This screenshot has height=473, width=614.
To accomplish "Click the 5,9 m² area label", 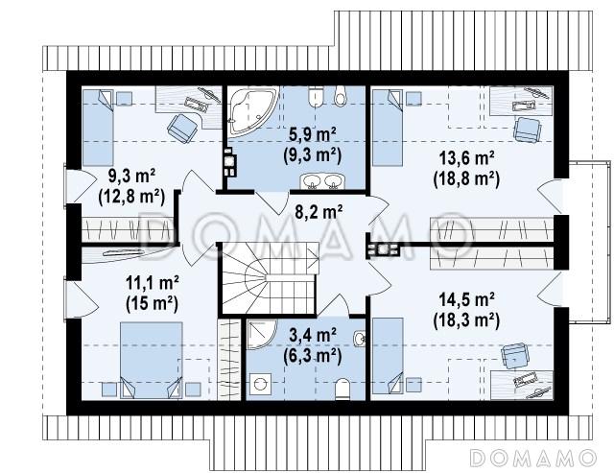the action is point(313,135).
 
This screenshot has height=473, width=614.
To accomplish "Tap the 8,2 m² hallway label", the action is point(319,212).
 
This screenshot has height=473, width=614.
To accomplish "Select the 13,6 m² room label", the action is point(466,158).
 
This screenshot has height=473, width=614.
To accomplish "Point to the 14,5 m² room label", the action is point(466,300).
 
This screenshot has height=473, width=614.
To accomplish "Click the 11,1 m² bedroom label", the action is point(153,283).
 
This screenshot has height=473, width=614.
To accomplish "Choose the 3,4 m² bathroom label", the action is point(313,335).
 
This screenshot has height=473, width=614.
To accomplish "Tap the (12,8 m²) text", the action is point(131,197).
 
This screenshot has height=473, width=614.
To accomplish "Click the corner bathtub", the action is point(251,110).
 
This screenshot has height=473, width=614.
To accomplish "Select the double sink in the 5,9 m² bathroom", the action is point(322,181).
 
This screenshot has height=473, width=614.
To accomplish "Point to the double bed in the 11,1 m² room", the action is point(152,360).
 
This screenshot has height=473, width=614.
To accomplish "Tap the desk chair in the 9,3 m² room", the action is point(182,126).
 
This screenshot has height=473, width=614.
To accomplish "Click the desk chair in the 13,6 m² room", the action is point(527,130).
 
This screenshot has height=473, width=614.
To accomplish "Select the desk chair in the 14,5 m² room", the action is point(515,356).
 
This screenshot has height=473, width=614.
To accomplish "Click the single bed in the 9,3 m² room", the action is point(98,128).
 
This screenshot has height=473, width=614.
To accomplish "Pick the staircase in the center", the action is point(269,278).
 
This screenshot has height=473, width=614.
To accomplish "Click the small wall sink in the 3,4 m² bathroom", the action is point(359,339).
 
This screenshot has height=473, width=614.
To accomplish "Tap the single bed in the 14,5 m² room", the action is point(388,356).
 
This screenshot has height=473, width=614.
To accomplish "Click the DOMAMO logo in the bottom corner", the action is point(532,458).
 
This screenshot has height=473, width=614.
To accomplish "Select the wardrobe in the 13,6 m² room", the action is point(492,229).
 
